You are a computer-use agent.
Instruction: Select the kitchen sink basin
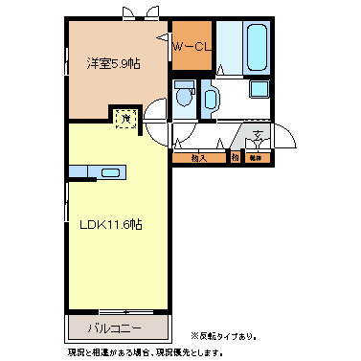click(110, 173)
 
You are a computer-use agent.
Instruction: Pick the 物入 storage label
click(199, 156)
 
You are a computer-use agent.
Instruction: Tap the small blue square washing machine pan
click(259, 90)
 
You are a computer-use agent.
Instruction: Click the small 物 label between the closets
click(235, 156)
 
